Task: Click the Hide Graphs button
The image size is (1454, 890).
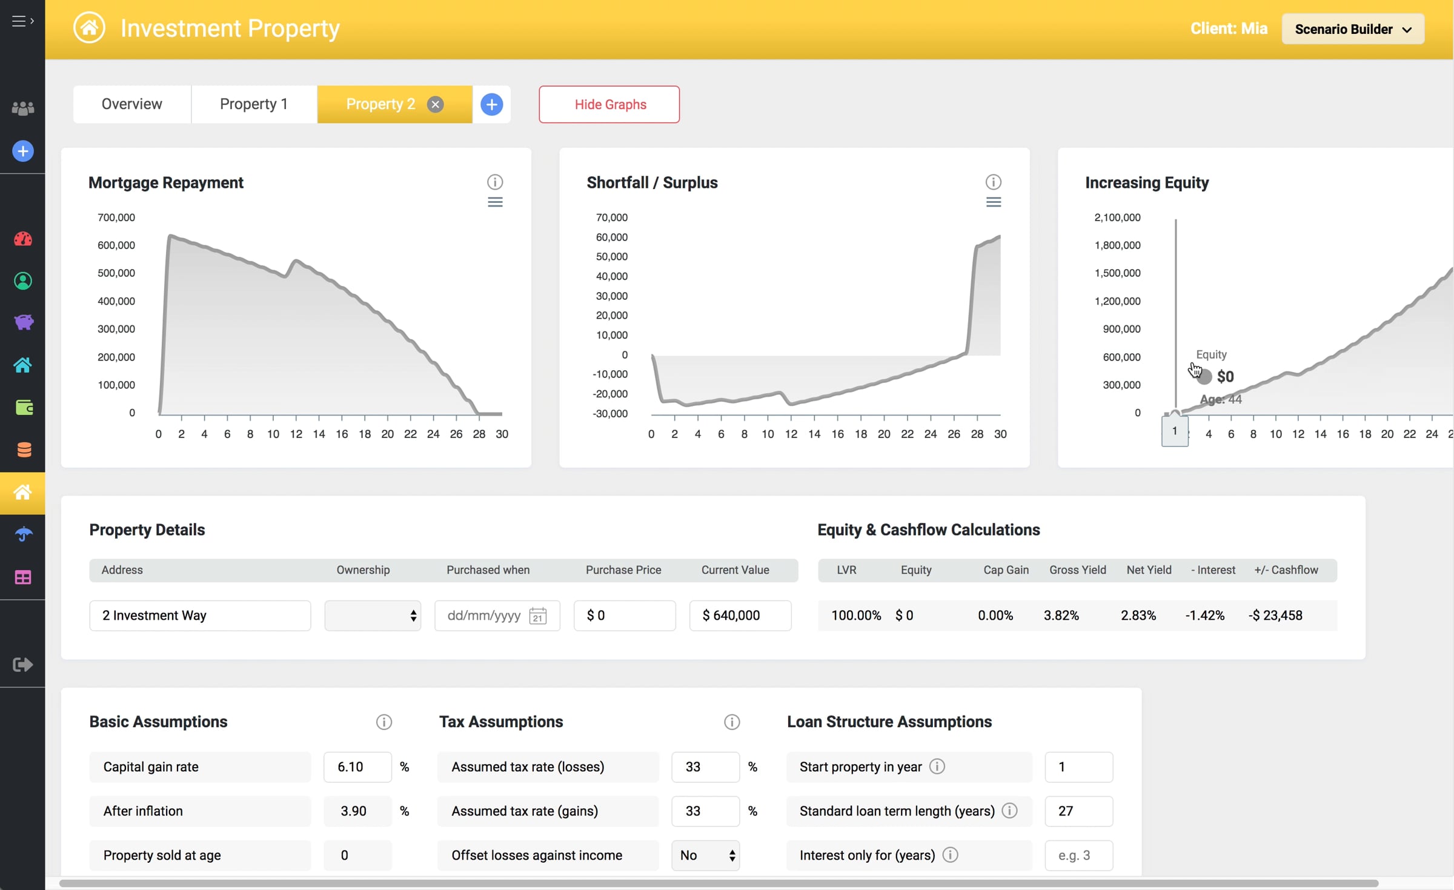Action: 609,104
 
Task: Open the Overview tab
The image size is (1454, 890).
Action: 132,104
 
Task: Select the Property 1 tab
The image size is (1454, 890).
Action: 254,104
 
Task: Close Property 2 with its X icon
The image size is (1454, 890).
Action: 435,105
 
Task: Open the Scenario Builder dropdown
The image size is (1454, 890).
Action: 1353,29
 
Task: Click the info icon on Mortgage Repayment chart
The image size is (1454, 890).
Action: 495,182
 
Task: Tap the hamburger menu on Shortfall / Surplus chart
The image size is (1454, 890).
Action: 994,202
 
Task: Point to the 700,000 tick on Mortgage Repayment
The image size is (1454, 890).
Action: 116,218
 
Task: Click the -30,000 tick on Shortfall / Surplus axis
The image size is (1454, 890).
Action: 610,414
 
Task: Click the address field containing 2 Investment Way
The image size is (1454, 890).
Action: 200,616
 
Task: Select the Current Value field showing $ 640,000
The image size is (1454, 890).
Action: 740,616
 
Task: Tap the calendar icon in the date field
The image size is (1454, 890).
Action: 538,616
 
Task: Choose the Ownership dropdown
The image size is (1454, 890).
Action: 373,616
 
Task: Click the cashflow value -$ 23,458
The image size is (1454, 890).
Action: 1275,616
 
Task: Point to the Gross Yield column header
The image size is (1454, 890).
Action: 1078,570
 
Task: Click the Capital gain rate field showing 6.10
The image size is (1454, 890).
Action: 357,767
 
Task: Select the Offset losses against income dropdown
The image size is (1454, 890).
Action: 706,855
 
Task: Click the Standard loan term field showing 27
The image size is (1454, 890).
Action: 1079,811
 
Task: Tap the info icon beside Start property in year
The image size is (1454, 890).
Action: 937,766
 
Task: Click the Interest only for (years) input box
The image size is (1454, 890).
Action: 1079,855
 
